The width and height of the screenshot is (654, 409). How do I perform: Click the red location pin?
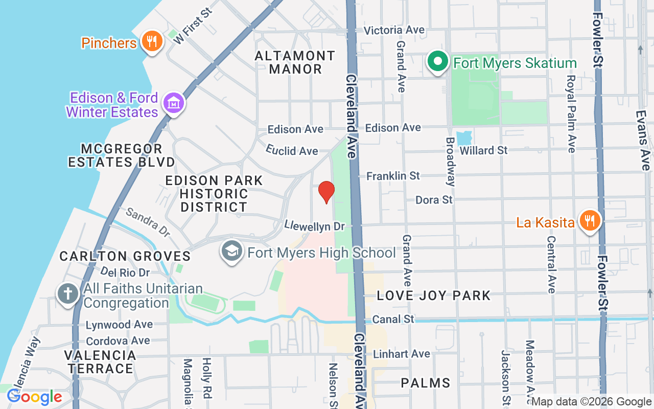326,192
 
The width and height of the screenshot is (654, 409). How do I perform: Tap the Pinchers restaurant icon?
151,42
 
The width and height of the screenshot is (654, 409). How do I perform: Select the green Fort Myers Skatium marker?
437,62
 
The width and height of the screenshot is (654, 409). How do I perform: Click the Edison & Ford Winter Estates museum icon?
173,104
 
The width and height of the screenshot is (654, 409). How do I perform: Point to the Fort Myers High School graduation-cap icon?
232,252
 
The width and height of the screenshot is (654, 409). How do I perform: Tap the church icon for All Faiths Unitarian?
67,295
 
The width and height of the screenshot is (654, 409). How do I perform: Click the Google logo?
34,397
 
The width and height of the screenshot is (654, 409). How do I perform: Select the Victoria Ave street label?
394,30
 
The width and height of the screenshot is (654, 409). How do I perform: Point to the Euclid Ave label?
292,150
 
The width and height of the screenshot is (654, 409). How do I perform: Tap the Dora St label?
434,199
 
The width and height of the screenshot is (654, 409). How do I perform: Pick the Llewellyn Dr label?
315,225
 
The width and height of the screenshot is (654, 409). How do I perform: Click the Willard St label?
483,150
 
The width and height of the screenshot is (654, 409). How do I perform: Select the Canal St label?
393,320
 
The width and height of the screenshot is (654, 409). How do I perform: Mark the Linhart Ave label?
402,354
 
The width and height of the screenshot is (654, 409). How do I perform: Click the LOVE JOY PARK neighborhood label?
434,296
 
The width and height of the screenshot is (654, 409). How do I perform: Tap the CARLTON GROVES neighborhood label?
125,256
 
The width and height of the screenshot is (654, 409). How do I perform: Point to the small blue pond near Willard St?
464,138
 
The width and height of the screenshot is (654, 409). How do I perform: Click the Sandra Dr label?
148,222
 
